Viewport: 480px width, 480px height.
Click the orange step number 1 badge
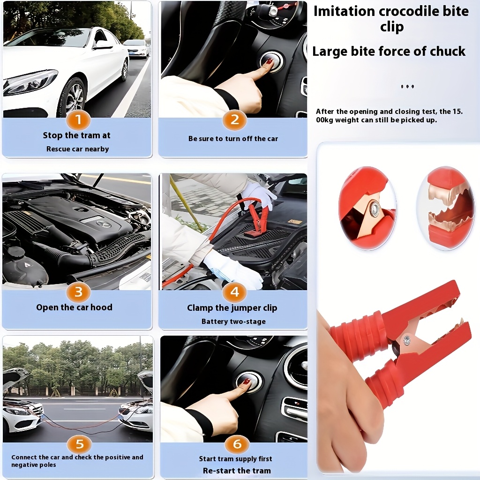coord(78,120)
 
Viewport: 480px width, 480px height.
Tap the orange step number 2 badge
coord(234,120)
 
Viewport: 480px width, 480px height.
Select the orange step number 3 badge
coord(78,292)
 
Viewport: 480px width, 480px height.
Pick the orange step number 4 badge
coord(234,292)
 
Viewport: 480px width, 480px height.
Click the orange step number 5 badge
coord(79,443)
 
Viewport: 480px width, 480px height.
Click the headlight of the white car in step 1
coord(30,82)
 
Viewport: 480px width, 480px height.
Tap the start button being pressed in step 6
coord(248,382)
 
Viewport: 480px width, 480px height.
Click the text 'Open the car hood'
coord(74,307)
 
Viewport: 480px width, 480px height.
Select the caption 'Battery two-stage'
coord(233,322)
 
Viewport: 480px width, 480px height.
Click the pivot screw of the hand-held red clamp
coord(406,340)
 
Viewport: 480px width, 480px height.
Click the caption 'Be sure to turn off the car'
coord(233,139)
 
